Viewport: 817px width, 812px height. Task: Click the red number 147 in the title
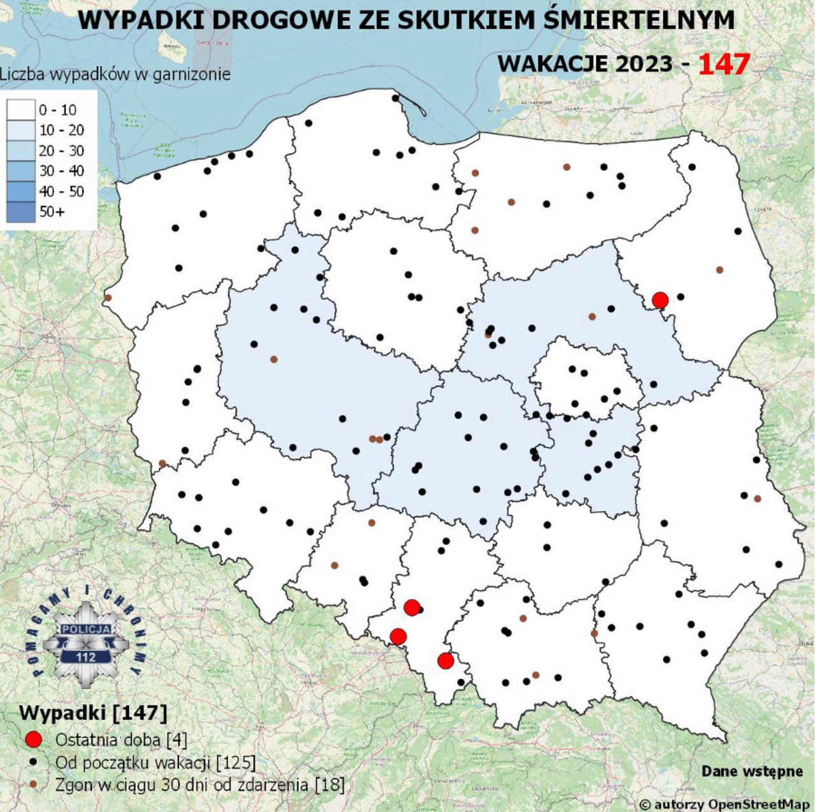724,64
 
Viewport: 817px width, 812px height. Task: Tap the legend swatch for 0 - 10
20,110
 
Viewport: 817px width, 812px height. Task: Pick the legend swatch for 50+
20,212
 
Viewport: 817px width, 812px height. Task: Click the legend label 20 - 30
61,151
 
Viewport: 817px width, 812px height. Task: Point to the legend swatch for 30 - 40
20,171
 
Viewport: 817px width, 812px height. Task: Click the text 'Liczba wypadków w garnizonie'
115,75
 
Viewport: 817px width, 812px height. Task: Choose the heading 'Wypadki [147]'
93,713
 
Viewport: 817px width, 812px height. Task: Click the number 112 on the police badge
85,657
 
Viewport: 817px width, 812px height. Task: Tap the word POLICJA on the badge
85,629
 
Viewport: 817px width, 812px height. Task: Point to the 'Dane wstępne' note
752,771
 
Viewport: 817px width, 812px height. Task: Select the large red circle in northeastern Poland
660,300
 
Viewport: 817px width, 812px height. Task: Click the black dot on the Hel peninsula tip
395,98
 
